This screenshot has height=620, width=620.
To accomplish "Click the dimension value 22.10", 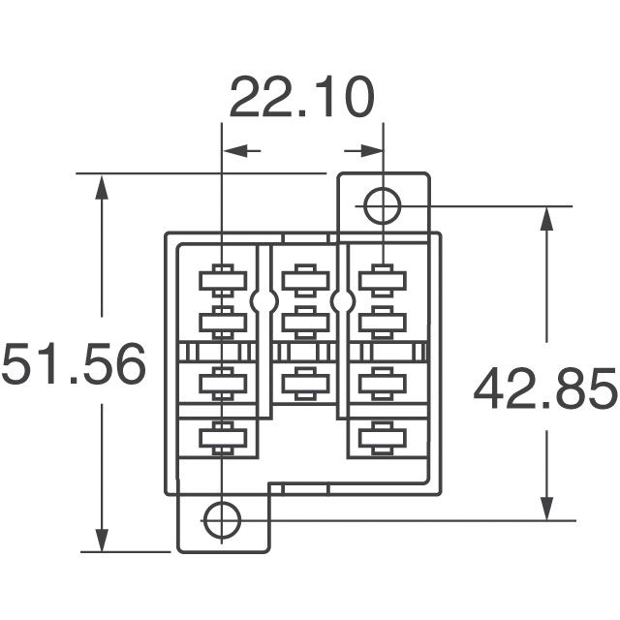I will tap(300, 99).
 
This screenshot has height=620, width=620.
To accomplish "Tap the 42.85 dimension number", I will tap(544, 389).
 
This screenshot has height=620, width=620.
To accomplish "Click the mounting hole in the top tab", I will tap(382, 205).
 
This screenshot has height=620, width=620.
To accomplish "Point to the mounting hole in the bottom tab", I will tap(222, 519).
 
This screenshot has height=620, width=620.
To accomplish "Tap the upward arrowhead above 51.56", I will tap(102, 189).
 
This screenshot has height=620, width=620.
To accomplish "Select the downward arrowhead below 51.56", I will tap(102, 537).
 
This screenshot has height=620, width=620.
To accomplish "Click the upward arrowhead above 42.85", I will tap(546, 221).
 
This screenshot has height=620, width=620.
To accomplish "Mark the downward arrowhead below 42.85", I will tap(546, 505).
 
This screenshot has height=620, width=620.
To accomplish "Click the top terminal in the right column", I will tap(381, 280).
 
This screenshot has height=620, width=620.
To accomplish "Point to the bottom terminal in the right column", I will tap(381, 438).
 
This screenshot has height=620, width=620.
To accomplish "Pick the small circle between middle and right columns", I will tap(342, 302).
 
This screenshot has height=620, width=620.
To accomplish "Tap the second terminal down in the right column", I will tap(381, 319).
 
